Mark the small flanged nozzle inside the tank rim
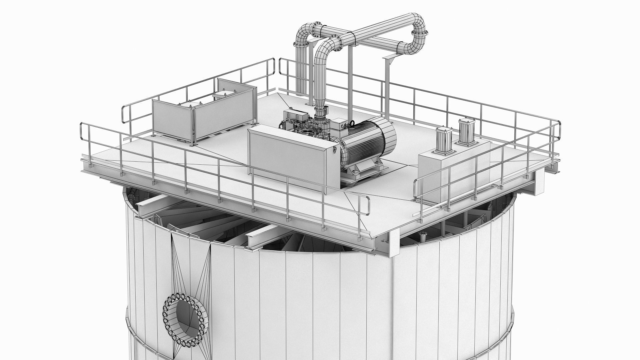pyautogui.click(x=423, y=237)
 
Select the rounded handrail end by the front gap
pyautogui.click(x=368, y=207)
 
